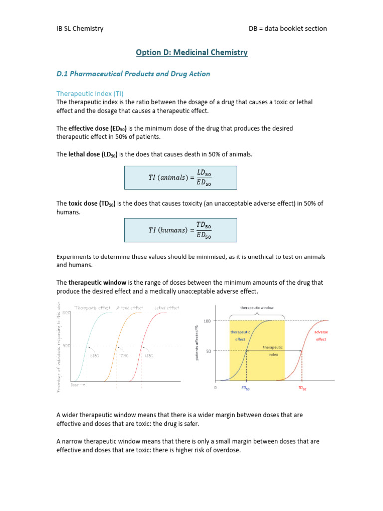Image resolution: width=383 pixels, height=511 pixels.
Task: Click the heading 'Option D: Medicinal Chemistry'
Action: [192, 52]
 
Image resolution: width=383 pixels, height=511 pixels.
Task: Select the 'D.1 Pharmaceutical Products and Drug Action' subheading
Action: [133, 74]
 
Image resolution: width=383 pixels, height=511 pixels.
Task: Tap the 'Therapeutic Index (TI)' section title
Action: [90, 93]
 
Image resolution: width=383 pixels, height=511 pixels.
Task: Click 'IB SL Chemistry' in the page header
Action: [80, 28]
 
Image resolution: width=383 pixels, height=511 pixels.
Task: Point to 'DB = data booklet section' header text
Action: [288, 28]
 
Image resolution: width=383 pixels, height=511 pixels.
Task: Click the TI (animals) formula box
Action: [181, 178]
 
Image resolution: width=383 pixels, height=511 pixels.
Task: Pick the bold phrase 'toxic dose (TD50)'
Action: [93, 203]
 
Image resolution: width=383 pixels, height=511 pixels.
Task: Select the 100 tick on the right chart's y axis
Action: [207, 320]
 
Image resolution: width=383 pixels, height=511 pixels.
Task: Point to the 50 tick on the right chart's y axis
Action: [209, 351]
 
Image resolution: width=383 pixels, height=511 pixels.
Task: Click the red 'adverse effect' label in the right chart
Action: [321, 335]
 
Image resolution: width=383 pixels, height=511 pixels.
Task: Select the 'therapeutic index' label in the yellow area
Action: [272, 351]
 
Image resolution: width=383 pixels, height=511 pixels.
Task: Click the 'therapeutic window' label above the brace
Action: [257, 308]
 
